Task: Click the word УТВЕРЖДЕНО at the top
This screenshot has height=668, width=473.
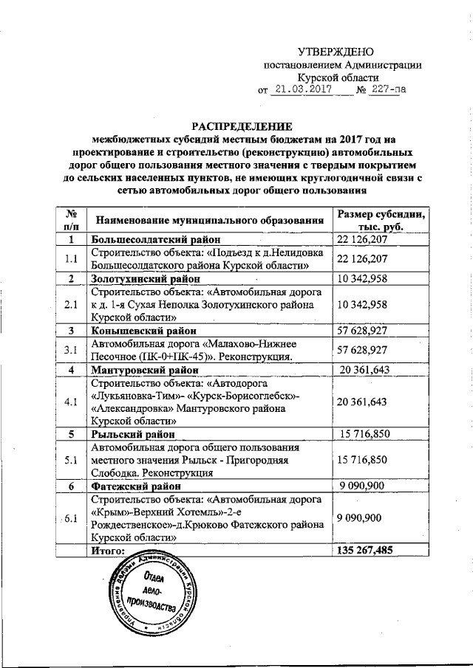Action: [x=336, y=52]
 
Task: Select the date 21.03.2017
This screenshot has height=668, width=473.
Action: [x=299, y=90]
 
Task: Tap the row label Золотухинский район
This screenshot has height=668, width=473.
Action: [x=146, y=279]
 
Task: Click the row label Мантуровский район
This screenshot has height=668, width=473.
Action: [x=144, y=369]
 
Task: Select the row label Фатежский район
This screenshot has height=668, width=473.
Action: [x=134, y=486]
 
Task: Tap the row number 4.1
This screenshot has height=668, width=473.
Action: [x=72, y=402]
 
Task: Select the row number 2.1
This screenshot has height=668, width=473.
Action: [x=72, y=304]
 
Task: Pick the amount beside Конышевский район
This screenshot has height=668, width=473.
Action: [x=362, y=330]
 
